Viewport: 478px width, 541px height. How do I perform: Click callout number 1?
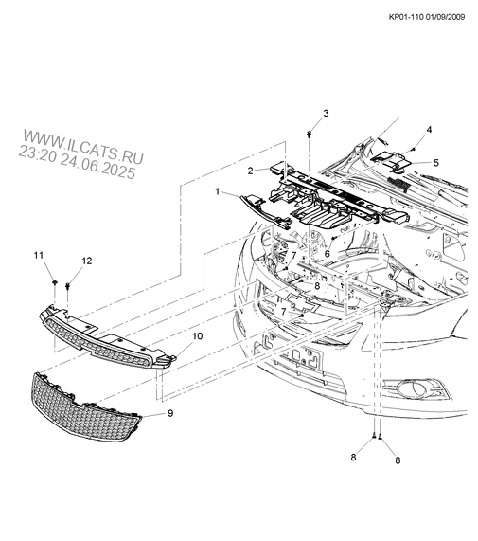pos(218,191)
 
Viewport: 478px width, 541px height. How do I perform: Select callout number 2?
pos(251,171)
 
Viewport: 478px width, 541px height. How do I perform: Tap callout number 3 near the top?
pos(326,113)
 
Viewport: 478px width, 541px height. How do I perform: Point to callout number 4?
pos(429,130)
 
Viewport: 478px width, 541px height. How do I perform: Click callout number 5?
pos(436,163)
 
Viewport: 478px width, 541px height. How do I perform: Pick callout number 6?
pos(328,254)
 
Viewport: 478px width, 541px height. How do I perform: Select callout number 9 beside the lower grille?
pos(170,413)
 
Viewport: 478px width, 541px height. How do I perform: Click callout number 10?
pos(198,336)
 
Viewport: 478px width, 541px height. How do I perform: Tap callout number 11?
pos(39,255)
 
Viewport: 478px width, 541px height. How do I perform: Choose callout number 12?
pos(87,261)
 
